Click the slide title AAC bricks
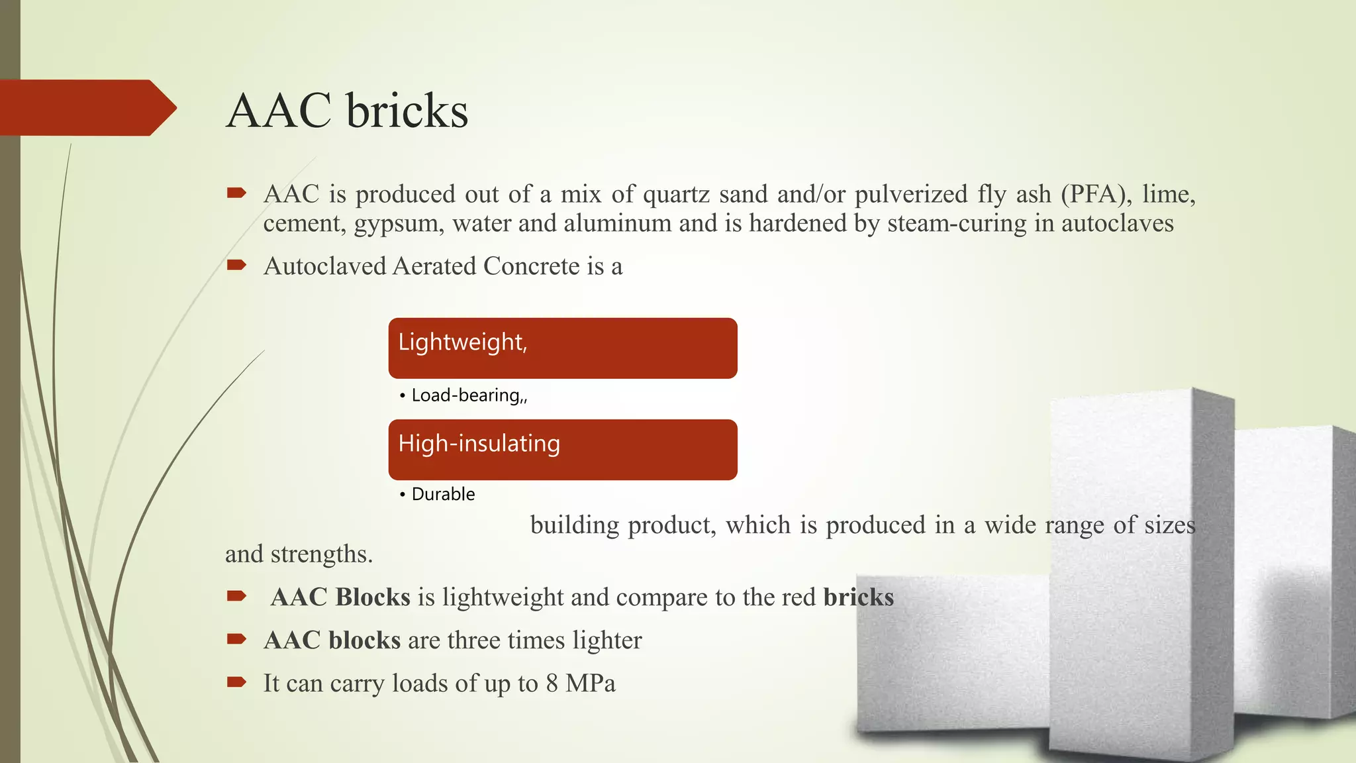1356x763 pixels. point(347,111)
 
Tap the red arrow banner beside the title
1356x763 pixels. point(86,108)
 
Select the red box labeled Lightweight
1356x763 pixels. point(562,348)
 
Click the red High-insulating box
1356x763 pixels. point(562,449)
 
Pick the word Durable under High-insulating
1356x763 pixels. point(443,494)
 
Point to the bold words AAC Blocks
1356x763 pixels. point(340,597)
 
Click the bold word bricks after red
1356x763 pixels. point(858,597)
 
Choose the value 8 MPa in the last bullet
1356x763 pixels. point(580,684)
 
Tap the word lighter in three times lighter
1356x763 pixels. point(607,640)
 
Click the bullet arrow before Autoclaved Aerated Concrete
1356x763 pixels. point(236,266)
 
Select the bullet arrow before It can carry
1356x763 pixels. point(236,682)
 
